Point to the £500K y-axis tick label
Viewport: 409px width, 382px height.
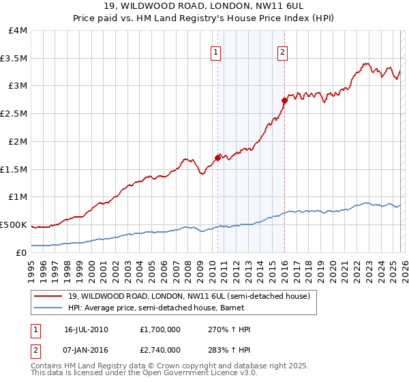pyautogui.click(x=14, y=224)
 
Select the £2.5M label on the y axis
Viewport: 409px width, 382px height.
pyautogui.click(x=14, y=114)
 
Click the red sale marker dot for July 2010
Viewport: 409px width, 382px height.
pyautogui.click(x=217, y=158)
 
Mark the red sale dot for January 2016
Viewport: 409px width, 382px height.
pyautogui.click(x=284, y=100)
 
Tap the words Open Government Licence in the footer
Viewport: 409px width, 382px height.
pyautogui.click(x=183, y=373)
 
